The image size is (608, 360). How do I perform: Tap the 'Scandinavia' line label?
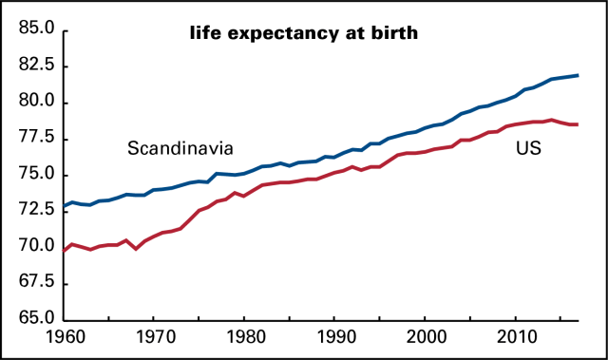(180, 148)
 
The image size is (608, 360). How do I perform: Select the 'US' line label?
(529, 148)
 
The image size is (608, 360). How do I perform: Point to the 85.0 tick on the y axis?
(33, 30)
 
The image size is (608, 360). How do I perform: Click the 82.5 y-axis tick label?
(33, 66)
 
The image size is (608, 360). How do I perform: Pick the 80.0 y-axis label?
(33, 103)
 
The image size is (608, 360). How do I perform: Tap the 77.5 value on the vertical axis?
(33, 139)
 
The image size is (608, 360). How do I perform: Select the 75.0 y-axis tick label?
(33, 175)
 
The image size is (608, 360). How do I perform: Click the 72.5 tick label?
(33, 211)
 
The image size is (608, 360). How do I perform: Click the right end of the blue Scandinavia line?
(579, 75)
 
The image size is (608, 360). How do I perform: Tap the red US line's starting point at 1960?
(64, 251)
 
